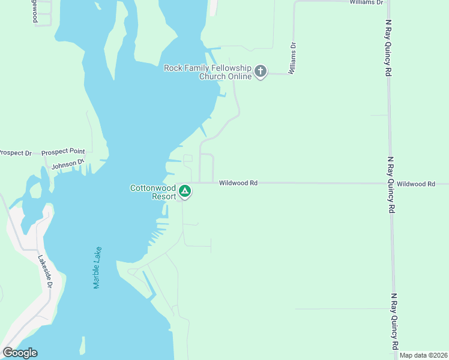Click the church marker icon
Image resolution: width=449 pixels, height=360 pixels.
click(x=261, y=72)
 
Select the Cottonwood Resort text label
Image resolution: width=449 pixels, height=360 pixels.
click(x=154, y=192)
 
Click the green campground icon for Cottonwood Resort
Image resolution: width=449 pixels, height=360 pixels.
click(x=185, y=192)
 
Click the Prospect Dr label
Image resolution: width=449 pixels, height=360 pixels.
click(x=15, y=153)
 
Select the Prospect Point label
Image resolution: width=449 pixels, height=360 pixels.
click(x=63, y=152)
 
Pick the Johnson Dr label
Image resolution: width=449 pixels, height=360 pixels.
click(x=68, y=164)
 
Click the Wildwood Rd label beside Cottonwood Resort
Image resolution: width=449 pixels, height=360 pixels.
click(x=238, y=182)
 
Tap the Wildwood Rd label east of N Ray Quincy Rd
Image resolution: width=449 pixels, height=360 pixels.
click(x=415, y=184)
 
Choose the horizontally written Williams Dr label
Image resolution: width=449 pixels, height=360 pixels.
click(x=366, y=2)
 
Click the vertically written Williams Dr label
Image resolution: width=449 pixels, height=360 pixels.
click(x=292, y=58)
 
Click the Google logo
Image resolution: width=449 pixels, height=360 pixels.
click(x=20, y=353)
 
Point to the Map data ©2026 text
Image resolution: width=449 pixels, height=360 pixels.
click(x=423, y=355)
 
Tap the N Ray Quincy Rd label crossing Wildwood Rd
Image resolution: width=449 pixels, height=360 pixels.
click(x=391, y=185)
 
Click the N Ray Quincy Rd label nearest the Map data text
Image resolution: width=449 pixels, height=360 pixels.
click(x=394, y=322)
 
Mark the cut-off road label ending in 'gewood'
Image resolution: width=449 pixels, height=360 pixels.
click(x=35, y=12)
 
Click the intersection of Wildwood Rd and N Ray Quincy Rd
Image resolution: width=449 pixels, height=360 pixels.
click(x=391, y=183)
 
